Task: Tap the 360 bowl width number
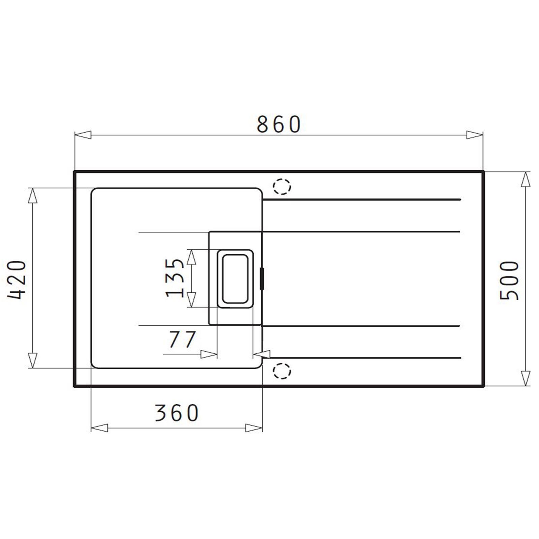pyautogui.click(x=177, y=413)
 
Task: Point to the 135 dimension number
pyautogui.click(x=175, y=278)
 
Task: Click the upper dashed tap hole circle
pyautogui.click(x=282, y=186)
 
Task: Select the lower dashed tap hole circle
pyautogui.click(x=282, y=372)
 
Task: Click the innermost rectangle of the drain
pyautogui.click(x=235, y=278)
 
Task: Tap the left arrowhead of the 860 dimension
pyautogui.click(x=83, y=135)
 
